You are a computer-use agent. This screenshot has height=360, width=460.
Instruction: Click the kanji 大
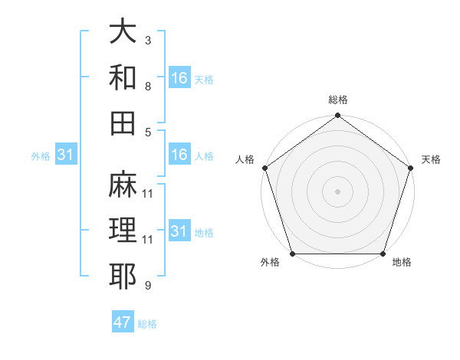tap(123, 32)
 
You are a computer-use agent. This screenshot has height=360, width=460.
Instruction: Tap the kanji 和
tap(123, 77)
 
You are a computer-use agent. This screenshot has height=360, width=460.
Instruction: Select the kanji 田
tap(123, 123)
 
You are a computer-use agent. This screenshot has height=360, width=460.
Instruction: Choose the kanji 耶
tap(123, 276)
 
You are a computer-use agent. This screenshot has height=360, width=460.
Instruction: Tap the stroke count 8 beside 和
tap(148, 86)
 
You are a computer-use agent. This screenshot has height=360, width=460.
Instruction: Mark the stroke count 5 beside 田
tap(148, 131)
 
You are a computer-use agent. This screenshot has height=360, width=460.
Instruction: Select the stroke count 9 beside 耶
tap(148, 285)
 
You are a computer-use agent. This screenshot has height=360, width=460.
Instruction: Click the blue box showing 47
tap(123, 322)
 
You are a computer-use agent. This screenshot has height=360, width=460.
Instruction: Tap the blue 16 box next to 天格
tap(179, 78)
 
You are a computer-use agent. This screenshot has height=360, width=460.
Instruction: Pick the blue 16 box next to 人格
tap(179, 155)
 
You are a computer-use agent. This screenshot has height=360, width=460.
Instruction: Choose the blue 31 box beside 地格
tap(179, 231)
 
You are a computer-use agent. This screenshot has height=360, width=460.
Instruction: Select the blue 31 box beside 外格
tap(66, 155)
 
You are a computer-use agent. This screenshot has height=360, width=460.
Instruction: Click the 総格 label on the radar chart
tap(338, 100)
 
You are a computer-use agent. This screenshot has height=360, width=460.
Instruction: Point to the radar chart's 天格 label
tap(431, 159)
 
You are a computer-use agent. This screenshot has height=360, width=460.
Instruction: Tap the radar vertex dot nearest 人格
tap(264, 168)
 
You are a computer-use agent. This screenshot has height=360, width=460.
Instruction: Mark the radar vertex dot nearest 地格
tap(383, 254)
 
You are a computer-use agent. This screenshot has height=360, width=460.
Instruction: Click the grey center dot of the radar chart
tap(338, 191)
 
